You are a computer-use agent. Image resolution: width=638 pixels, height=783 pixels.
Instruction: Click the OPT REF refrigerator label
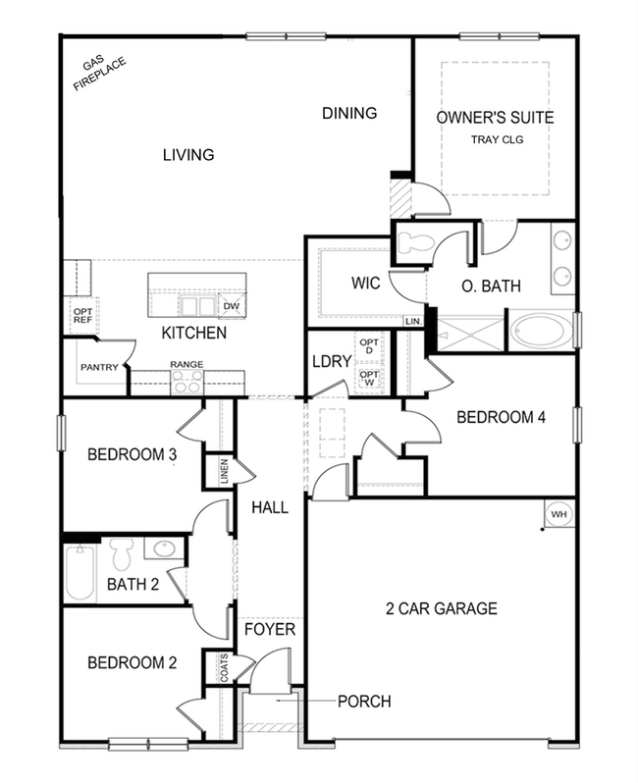point(82,316)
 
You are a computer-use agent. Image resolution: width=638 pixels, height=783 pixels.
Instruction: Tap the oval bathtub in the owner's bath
point(541,330)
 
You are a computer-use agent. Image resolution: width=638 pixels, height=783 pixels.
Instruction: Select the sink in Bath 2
point(162,549)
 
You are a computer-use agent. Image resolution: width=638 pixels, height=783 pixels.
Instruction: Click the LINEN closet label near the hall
point(225,471)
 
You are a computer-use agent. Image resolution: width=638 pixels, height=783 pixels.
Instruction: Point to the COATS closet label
point(225,669)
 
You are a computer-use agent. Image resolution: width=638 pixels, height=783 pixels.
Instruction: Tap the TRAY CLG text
point(496,139)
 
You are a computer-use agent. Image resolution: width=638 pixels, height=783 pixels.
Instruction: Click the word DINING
point(349,113)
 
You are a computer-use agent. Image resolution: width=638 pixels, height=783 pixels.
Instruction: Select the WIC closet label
point(346,283)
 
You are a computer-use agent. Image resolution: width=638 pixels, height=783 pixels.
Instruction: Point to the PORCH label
point(363,702)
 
